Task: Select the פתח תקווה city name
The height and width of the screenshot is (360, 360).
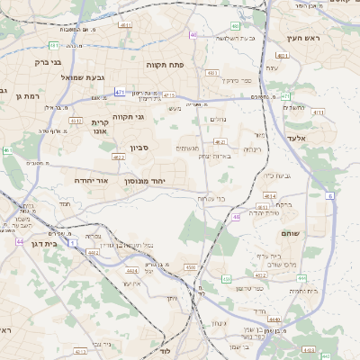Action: point(165,65)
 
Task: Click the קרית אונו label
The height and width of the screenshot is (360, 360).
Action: point(100,126)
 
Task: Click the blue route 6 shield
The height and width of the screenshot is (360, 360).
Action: point(329,195)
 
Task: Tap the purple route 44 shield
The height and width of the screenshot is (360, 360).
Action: point(20,242)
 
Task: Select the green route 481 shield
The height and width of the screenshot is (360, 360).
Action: point(54,45)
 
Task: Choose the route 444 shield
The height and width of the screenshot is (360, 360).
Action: point(301,278)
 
